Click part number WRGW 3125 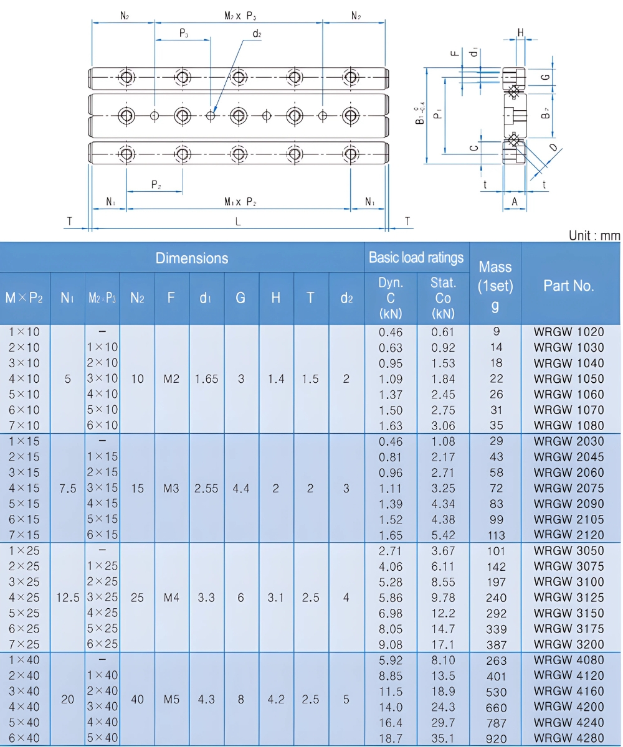[569, 598]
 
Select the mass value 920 [497, 738]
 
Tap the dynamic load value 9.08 [391, 645]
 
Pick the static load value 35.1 [443, 738]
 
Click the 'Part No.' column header [569, 286]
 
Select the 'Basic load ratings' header [416, 257]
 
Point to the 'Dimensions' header [192, 257]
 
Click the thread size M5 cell [171, 699]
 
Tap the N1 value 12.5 [68, 598]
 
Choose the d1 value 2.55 [206, 489]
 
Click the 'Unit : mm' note [594, 235]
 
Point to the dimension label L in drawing [239, 221]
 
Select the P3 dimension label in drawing [184, 34]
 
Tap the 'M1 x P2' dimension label [240, 202]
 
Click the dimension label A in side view [515, 201]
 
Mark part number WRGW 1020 [569, 332]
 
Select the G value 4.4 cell [240, 489]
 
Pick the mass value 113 [497, 535]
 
